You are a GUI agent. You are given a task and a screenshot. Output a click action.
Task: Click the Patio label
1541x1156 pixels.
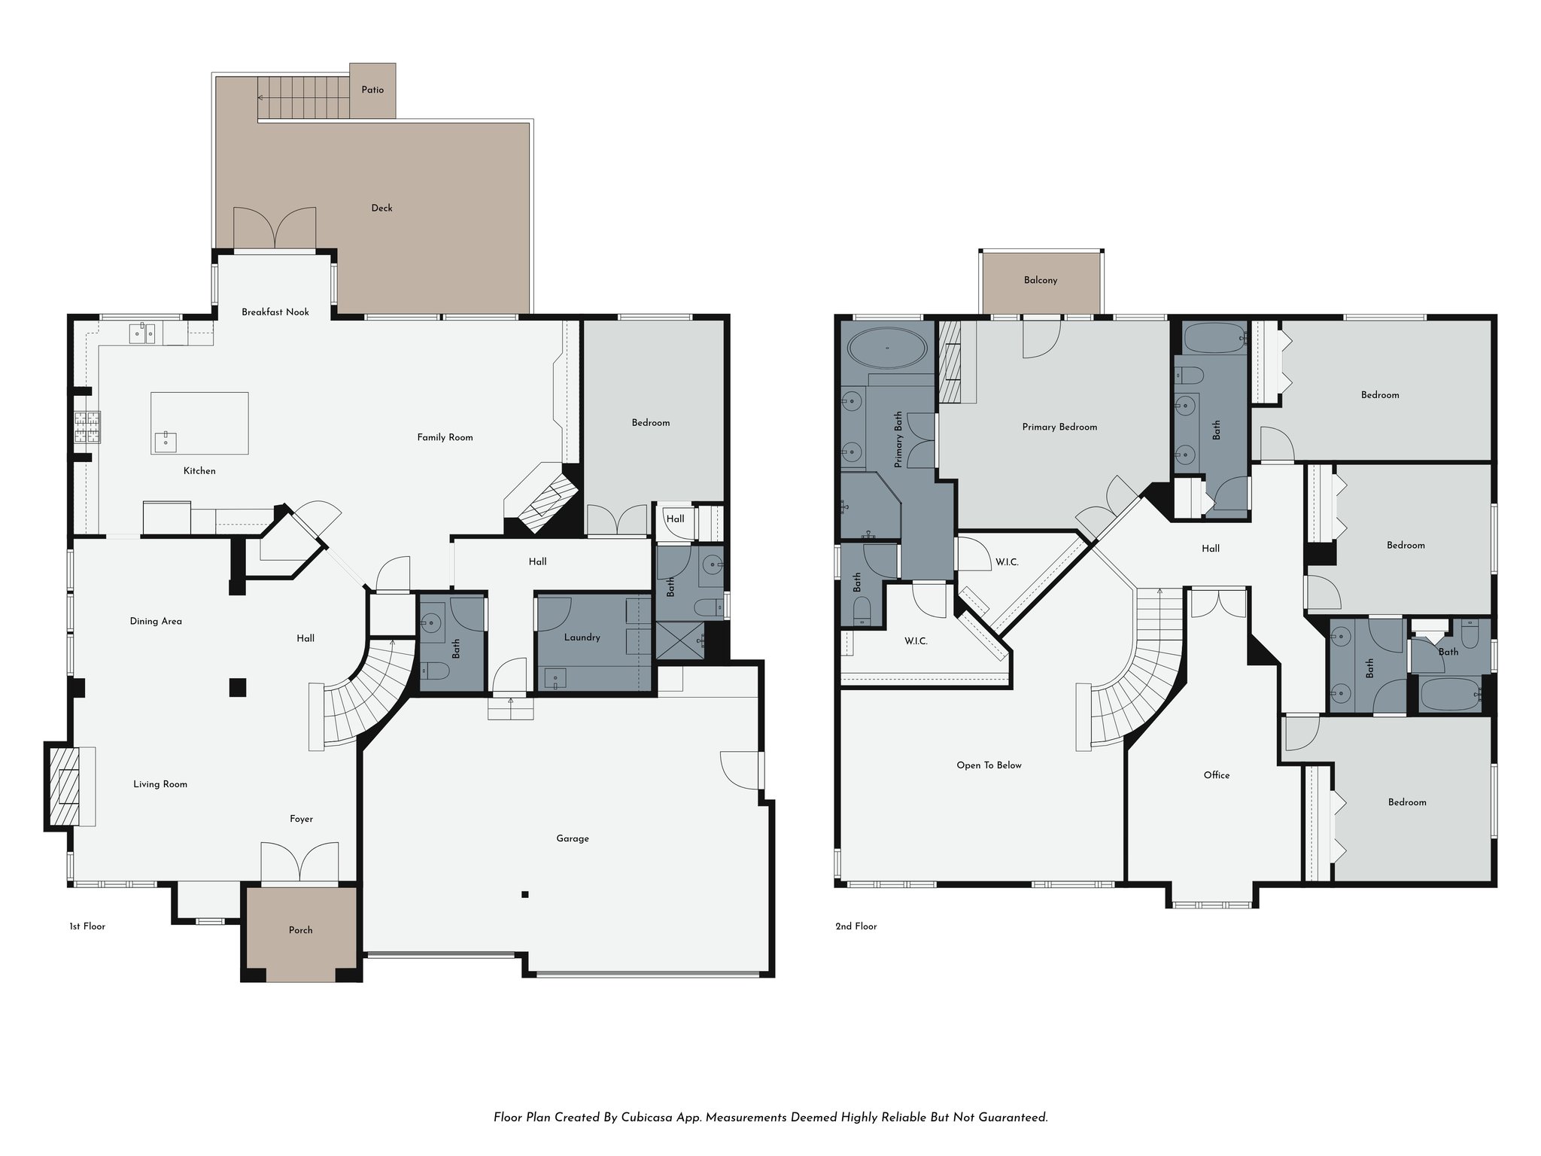[372, 90]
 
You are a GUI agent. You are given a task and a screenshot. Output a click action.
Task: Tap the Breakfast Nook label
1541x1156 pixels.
[275, 312]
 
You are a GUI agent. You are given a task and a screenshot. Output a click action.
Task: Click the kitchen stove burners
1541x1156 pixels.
[87, 427]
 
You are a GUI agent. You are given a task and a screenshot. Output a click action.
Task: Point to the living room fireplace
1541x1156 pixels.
[64, 786]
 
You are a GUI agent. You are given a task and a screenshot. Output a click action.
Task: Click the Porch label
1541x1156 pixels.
[300, 931]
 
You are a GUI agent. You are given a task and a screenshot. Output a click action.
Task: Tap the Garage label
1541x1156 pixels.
[572, 839]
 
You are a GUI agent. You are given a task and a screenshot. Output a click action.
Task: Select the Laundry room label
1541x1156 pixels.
[582, 638]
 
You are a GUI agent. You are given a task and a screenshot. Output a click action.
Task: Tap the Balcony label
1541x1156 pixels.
[1040, 281]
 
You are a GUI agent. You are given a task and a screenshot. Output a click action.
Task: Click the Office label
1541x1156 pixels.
[1216, 776]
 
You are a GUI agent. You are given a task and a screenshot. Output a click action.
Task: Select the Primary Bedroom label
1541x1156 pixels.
[1059, 427]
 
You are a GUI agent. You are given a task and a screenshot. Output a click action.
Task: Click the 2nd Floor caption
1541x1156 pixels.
[856, 927]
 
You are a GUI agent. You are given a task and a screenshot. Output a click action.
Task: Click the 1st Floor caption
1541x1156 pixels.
[87, 927]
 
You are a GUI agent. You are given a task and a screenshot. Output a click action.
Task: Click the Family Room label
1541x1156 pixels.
[445, 438]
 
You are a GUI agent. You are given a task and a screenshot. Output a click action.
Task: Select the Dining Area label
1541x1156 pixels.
[156, 622]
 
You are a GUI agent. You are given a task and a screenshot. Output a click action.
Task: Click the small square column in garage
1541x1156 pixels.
[524, 895]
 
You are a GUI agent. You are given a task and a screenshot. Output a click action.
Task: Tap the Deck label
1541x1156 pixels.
[381, 208]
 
